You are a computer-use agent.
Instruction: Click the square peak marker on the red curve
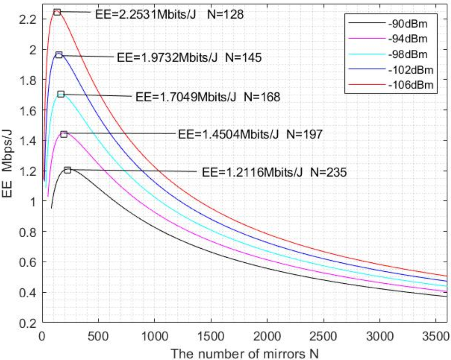[57, 12]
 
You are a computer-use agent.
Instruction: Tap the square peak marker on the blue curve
[59, 55]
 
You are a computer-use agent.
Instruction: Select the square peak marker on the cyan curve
[61, 94]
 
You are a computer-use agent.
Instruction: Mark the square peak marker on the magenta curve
[64, 134]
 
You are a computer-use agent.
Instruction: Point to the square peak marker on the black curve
[67, 170]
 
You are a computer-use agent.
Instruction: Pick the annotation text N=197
[304, 134]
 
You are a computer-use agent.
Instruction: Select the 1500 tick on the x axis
[211, 335]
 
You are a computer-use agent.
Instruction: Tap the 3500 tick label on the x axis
[436, 335]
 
